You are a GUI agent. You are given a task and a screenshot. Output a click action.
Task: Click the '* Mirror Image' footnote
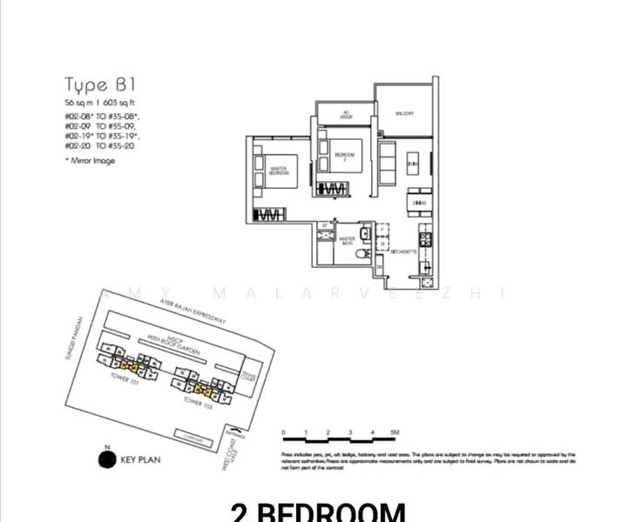pos(91,161)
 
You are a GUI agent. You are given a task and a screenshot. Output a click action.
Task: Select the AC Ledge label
pos(345,113)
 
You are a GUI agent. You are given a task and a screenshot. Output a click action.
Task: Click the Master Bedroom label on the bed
pos(279,172)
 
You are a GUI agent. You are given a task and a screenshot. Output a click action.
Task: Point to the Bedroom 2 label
pos(344,156)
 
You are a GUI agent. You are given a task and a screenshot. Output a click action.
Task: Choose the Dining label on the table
pos(419,203)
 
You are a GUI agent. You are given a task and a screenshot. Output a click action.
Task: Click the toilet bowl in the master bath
pos(367,253)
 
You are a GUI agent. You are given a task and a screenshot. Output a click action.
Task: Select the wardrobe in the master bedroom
pos(268,214)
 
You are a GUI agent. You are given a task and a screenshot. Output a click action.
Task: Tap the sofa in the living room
pos(386,162)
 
